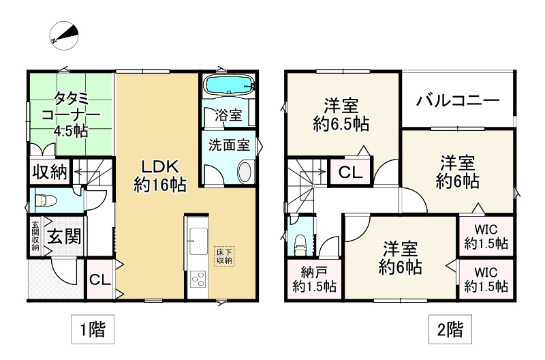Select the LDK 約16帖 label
click(160, 176)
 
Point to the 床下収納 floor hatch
click(225, 256)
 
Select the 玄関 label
click(65, 237)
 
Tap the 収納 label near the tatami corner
click(48, 171)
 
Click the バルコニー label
click(458, 101)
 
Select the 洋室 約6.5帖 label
click(341, 115)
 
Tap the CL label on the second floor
click(350, 172)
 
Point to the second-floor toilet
click(300, 242)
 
